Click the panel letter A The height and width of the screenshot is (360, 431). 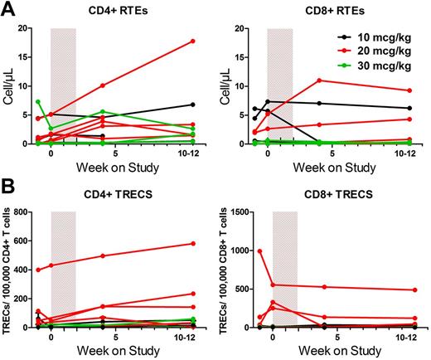click(7, 9)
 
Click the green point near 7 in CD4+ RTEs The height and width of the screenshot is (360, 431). click(39, 102)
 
